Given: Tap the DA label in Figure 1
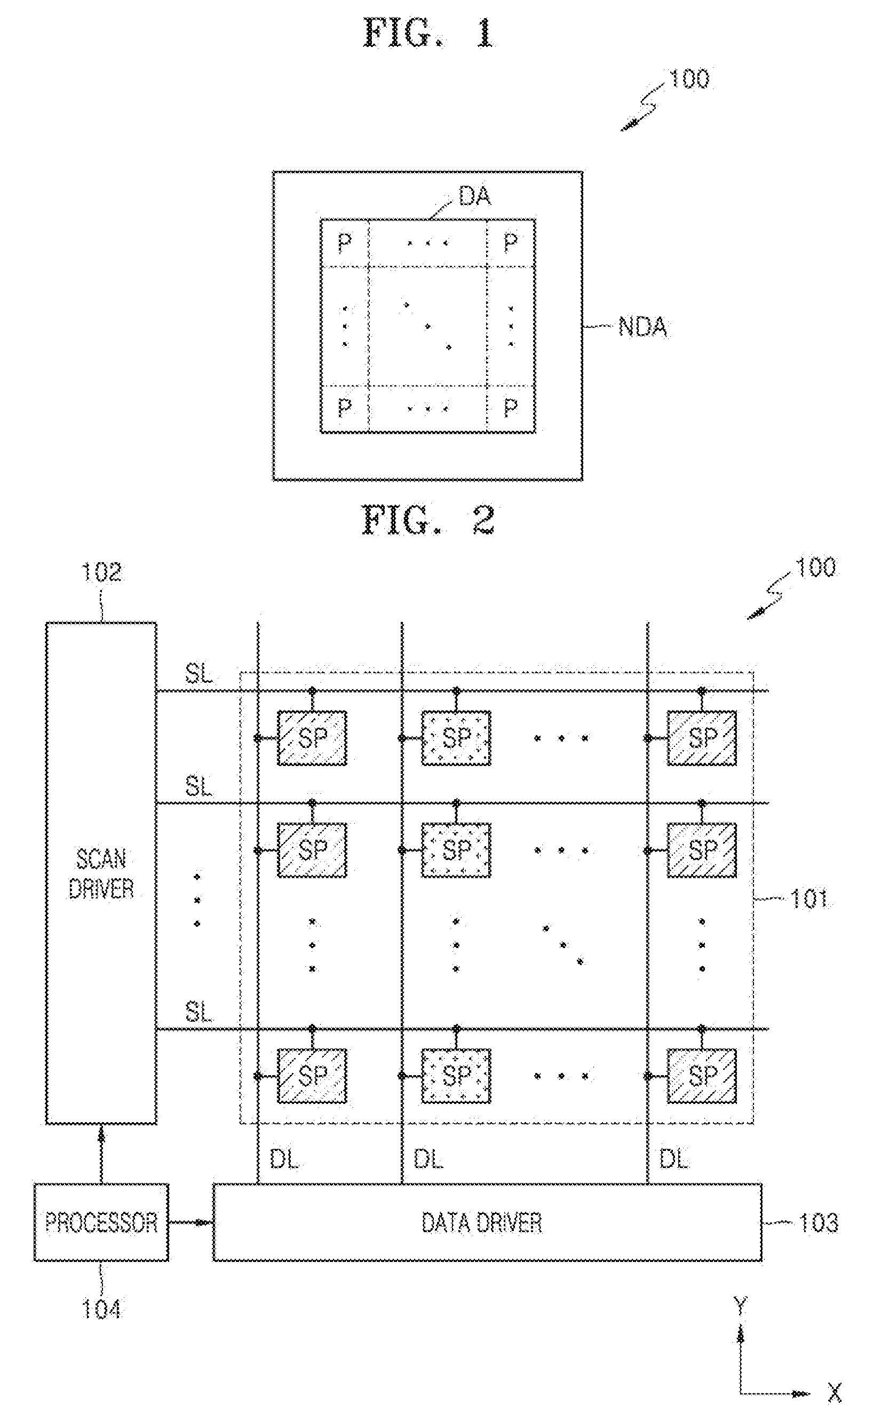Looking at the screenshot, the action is coord(474,197).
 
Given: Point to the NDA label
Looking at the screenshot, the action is coord(642,327).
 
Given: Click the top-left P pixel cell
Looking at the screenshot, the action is coord(345,243).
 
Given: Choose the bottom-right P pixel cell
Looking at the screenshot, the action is coord(510,409).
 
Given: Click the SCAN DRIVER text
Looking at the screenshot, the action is coord(101,874).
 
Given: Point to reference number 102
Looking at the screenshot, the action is coord(101,572).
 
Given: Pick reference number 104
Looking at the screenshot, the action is coord(101,1309).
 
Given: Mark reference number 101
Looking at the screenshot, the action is coord(809,899).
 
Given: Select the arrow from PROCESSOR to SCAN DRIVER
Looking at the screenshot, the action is coord(101,1154).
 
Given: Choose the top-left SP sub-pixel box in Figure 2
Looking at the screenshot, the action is coord(312,738).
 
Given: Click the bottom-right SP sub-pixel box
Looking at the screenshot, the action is coord(702,1076).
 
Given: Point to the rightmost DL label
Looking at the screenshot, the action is coord(674,1158).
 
